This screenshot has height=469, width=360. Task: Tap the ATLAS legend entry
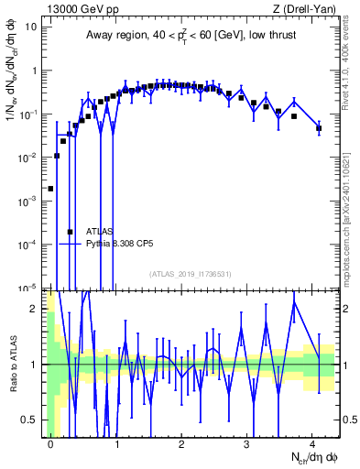(100, 232)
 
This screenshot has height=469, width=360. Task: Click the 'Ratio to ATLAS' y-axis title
(12, 361)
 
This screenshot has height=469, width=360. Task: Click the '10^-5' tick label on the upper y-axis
(27, 288)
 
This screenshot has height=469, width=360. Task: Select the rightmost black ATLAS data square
(319, 128)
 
